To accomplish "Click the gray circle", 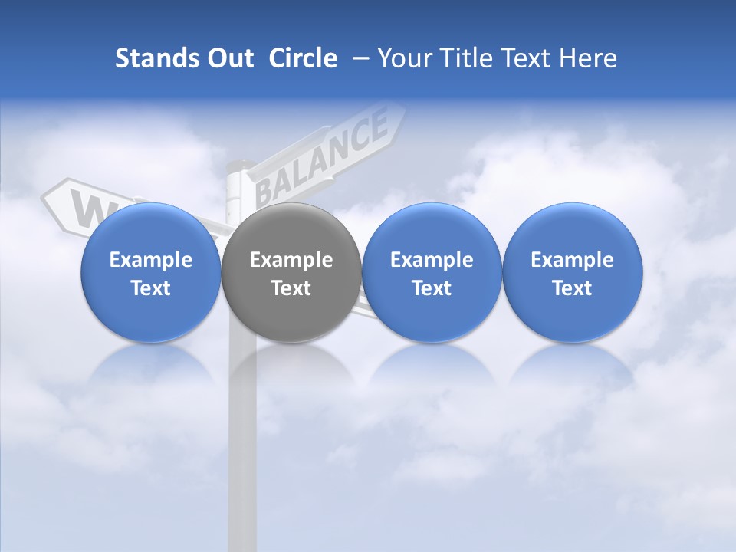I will [x=291, y=272].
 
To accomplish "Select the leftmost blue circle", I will [x=150, y=272].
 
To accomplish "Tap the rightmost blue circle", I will [x=572, y=272].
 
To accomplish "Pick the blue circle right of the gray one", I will [x=432, y=272].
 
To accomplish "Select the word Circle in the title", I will [x=303, y=58].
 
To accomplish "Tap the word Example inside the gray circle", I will [x=291, y=260].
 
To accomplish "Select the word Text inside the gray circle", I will [x=291, y=288].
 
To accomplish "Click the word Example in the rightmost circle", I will [x=572, y=260].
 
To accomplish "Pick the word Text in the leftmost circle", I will [x=150, y=288].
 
